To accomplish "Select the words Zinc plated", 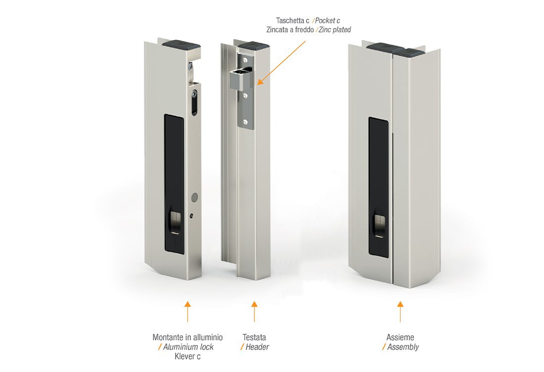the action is pyautogui.click(x=335, y=30).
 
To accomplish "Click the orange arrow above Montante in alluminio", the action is pyautogui.click(x=188, y=312).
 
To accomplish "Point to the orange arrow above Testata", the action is pyautogui.click(x=254, y=312).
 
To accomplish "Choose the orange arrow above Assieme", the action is pyautogui.click(x=401, y=312).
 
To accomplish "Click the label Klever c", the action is pyautogui.click(x=188, y=356).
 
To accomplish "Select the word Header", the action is pyautogui.click(x=257, y=347).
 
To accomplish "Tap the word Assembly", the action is pyautogui.click(x=403, y=347).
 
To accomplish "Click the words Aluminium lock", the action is pyautogui.click(x=188, y=347).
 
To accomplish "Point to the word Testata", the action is pyautogui.click(x=254, y=337).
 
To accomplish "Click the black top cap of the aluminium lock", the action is pyautogui.click(x=181, y=45).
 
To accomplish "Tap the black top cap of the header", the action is pyautogui.click(x=254, y=46).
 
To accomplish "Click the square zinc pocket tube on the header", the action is pyautogui.click(x=240, y=79).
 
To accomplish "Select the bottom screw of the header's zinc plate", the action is pyautogui.click(x=245, y=122).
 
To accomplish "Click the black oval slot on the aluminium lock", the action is pyautogui.click(x=195, y=102).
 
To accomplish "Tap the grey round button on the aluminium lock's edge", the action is pyautogui.click(x=195, y=197).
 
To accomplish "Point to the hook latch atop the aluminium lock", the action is pyautogui.click(x=191, y=73).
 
